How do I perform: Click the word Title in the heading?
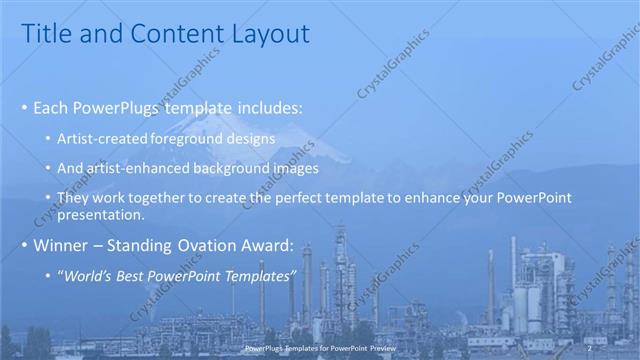pos(46,34)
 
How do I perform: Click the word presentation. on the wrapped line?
pos(100,214)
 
